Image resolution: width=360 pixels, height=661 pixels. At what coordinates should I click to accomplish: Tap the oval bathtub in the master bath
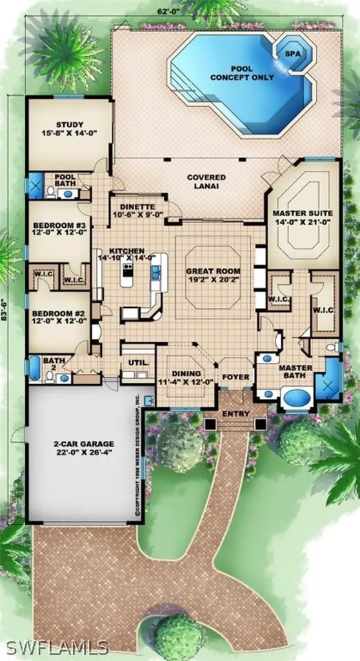[x=295, y=398]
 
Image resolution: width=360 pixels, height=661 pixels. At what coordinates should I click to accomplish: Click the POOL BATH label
[x=65, y=179]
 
